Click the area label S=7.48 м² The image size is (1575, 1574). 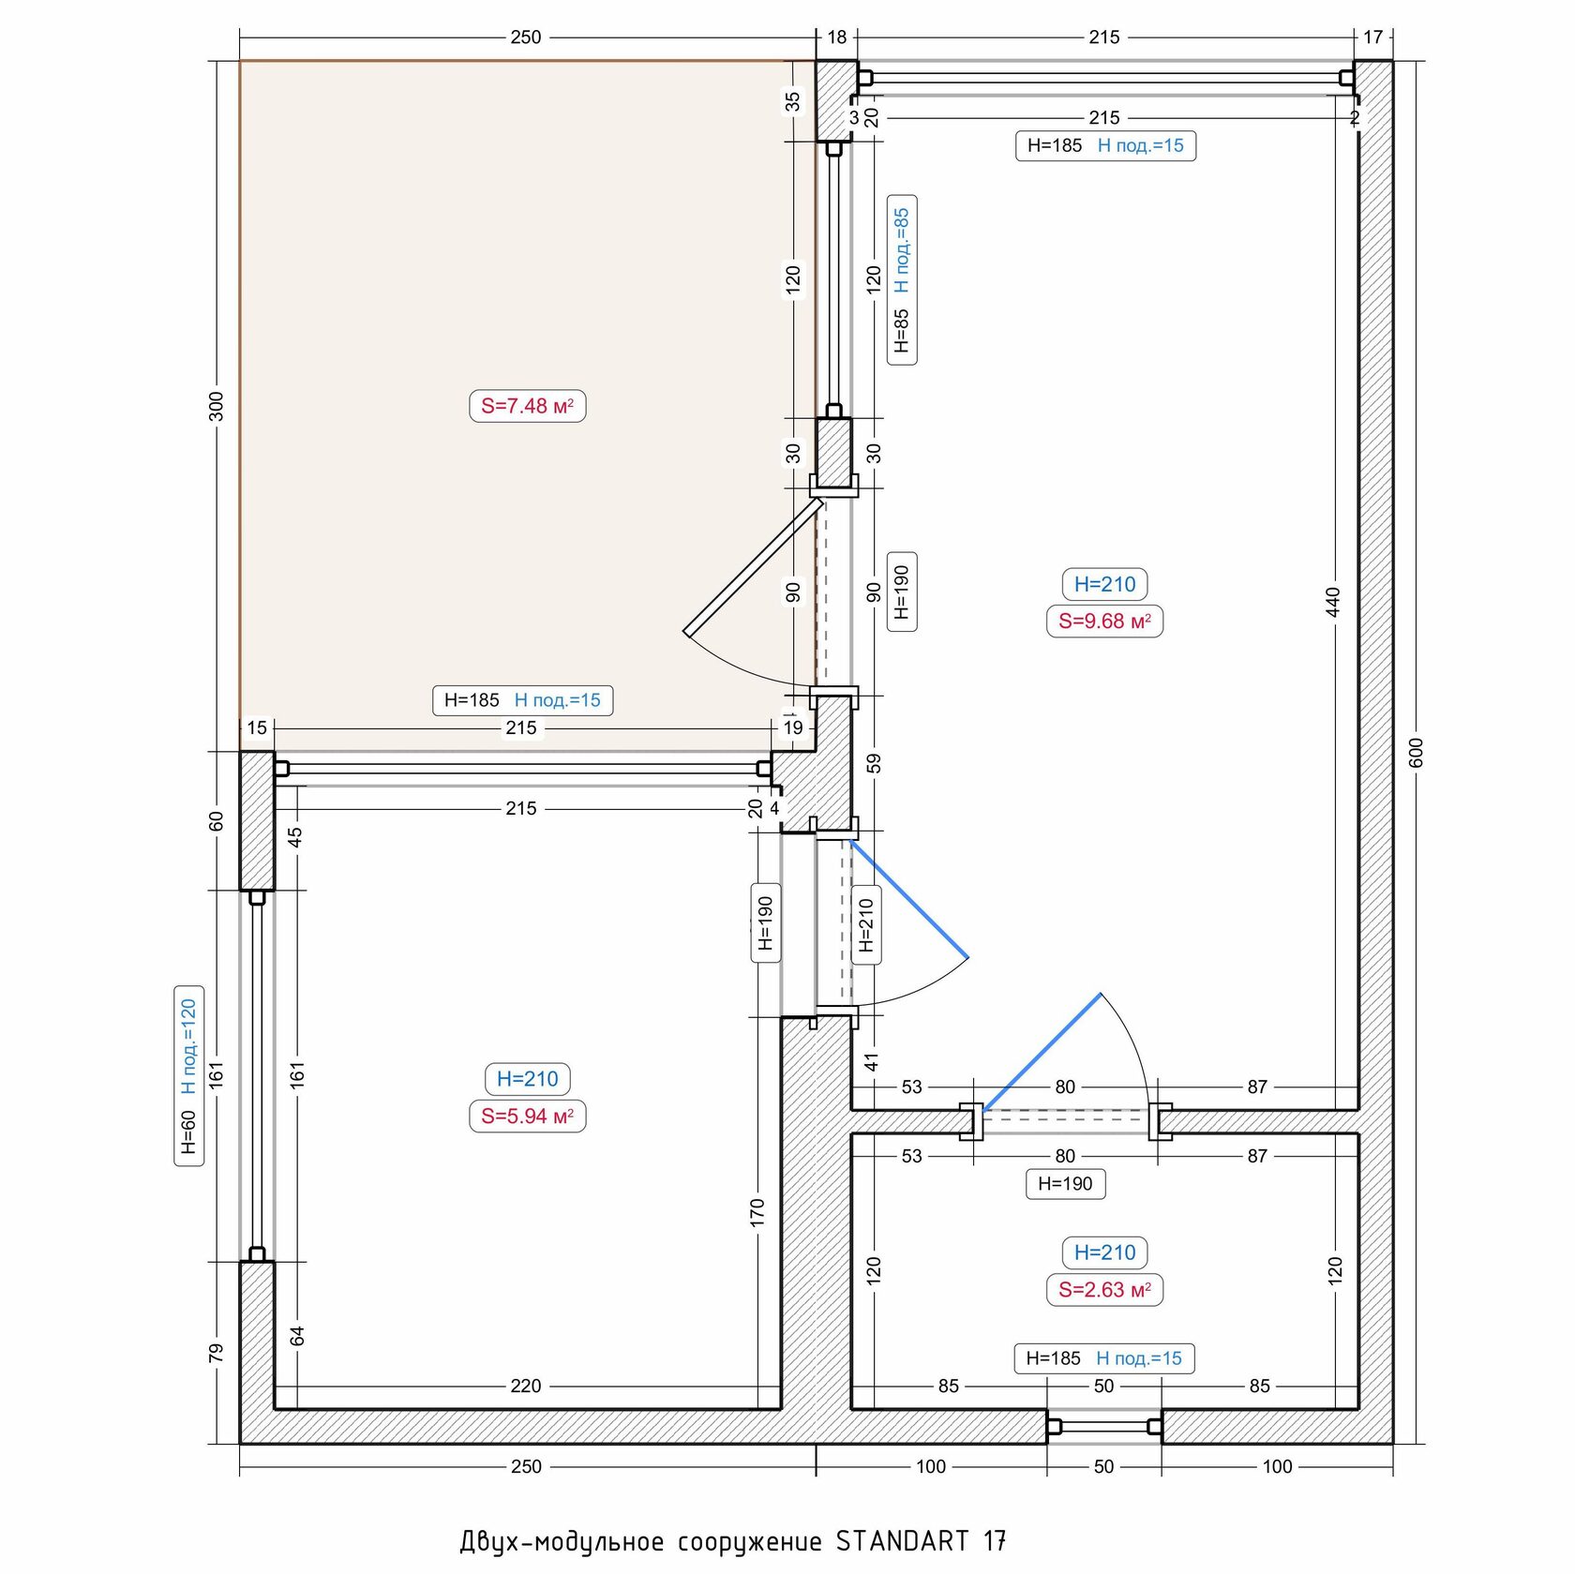coord(527,406)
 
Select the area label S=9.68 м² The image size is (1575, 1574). coord(1104,621)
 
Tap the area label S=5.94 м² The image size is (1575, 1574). coord(527,1116)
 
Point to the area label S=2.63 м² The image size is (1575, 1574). coord(1104,1289)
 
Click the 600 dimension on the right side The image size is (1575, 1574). coord(1416,752)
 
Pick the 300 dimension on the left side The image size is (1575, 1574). coord(217,406)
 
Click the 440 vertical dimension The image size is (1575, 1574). coord(1333,601)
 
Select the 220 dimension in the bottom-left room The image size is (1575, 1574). coord(525,1386)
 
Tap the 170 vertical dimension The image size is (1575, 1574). coord(757,1211)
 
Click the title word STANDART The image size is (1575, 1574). coord(902,1541)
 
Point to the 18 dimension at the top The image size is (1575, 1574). coord(836,37)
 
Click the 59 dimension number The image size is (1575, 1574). coord(874,763)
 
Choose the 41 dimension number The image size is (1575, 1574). coord(872,1062)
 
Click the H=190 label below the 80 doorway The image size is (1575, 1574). coord(1065,1183)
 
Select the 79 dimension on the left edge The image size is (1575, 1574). coord(217,1353)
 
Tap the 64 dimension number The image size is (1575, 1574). coord(297,1335)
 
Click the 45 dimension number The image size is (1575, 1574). coord(295,836)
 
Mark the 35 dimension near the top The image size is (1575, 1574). coord(793,100)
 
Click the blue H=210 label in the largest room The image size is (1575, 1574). coord(1104,584)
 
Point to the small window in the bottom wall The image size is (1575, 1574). coord(1104,1426)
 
